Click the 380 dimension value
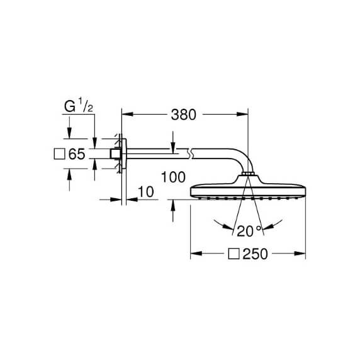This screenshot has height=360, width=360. click(x=183, y=115)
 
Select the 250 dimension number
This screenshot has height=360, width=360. click(x=255, y=254)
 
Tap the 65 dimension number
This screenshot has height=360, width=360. click(x=77, y=154)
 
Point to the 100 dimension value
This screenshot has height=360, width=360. click(x=173, y=177)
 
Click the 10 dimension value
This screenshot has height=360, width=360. click(x=146, y=192)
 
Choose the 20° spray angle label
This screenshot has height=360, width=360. click(x=249, y=231)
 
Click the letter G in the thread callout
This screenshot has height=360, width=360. click(x=70, y=106)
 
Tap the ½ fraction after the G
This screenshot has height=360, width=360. click(x=86, y=105)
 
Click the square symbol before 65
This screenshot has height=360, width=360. click(x=59, y=154)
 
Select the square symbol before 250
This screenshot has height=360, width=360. click(x=234, y=254)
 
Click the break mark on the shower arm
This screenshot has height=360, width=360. click(x=190, y=154)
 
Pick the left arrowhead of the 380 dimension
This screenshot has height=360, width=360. click(x=127, y=114)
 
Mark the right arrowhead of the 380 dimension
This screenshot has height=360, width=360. click(x=242, y=114)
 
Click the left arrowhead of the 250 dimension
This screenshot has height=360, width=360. click(x=196, y=254)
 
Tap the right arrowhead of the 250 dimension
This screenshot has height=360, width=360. click(x=300, y=254)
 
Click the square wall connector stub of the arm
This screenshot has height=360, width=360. click(x=115, y=154)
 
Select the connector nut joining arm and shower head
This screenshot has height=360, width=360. click(x=247, y=174)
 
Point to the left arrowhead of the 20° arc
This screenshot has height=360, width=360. click(x=227, y=227)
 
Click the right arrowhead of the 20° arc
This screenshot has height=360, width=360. click(x=268, y=227)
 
